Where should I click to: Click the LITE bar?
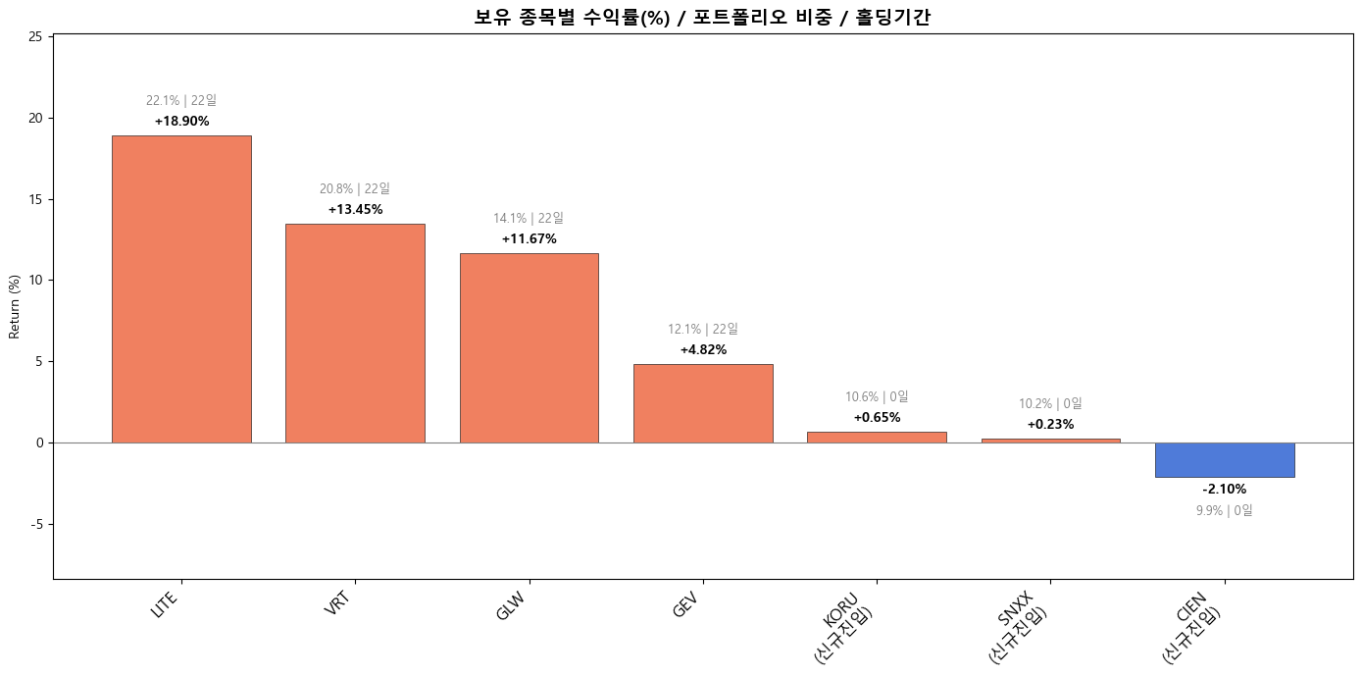181,289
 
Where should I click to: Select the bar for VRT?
355,334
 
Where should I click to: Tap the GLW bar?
529,348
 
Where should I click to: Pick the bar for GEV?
703,403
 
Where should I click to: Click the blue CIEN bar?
1225,460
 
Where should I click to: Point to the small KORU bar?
877,438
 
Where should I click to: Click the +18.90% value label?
181,122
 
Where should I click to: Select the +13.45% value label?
355,210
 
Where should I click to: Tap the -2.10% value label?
1224,490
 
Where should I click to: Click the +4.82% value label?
703,350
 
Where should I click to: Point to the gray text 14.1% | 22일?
529,219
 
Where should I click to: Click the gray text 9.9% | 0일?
1224,511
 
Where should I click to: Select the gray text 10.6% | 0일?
877,397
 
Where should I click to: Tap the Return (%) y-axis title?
15,307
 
